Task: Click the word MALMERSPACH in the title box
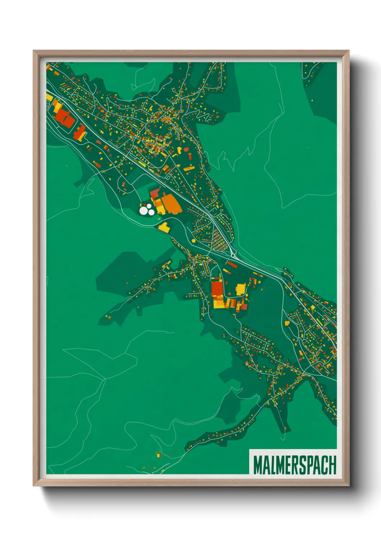pos(294,465)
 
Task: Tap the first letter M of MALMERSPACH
pos(257,465)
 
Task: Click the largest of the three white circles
pos(144,211)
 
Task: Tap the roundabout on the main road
pos(233,256)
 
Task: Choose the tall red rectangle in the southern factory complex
pos(217,288)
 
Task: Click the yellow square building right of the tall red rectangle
pos(240,288)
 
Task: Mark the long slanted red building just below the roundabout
pos(232,265)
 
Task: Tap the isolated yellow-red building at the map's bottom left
pos(158,455)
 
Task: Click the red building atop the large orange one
pos(154,193)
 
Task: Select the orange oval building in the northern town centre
pos(166,118)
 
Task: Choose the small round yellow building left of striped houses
pos(194,241)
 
